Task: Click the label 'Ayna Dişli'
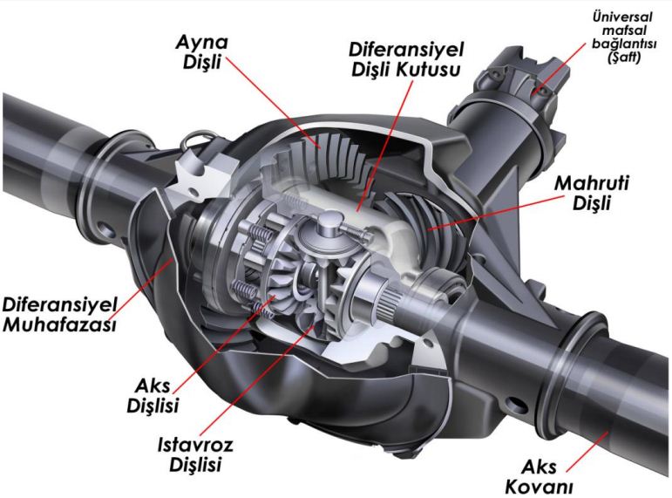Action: [x=202, y=52]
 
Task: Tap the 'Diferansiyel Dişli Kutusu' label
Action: [x=406, y=59]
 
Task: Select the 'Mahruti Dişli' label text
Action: [x=592, y=193]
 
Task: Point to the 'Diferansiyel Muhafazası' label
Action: [x=59, y=315]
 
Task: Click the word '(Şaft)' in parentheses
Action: [x=624, y=58]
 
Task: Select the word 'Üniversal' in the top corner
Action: [x=622, y=17]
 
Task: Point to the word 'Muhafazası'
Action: [x=59, y=324]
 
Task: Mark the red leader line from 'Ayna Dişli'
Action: [x=273, y=103]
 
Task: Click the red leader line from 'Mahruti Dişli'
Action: [x=495, y=213]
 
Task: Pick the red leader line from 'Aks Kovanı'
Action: [x=587, y=453]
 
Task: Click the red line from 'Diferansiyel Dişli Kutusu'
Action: [x=384, y=145]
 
